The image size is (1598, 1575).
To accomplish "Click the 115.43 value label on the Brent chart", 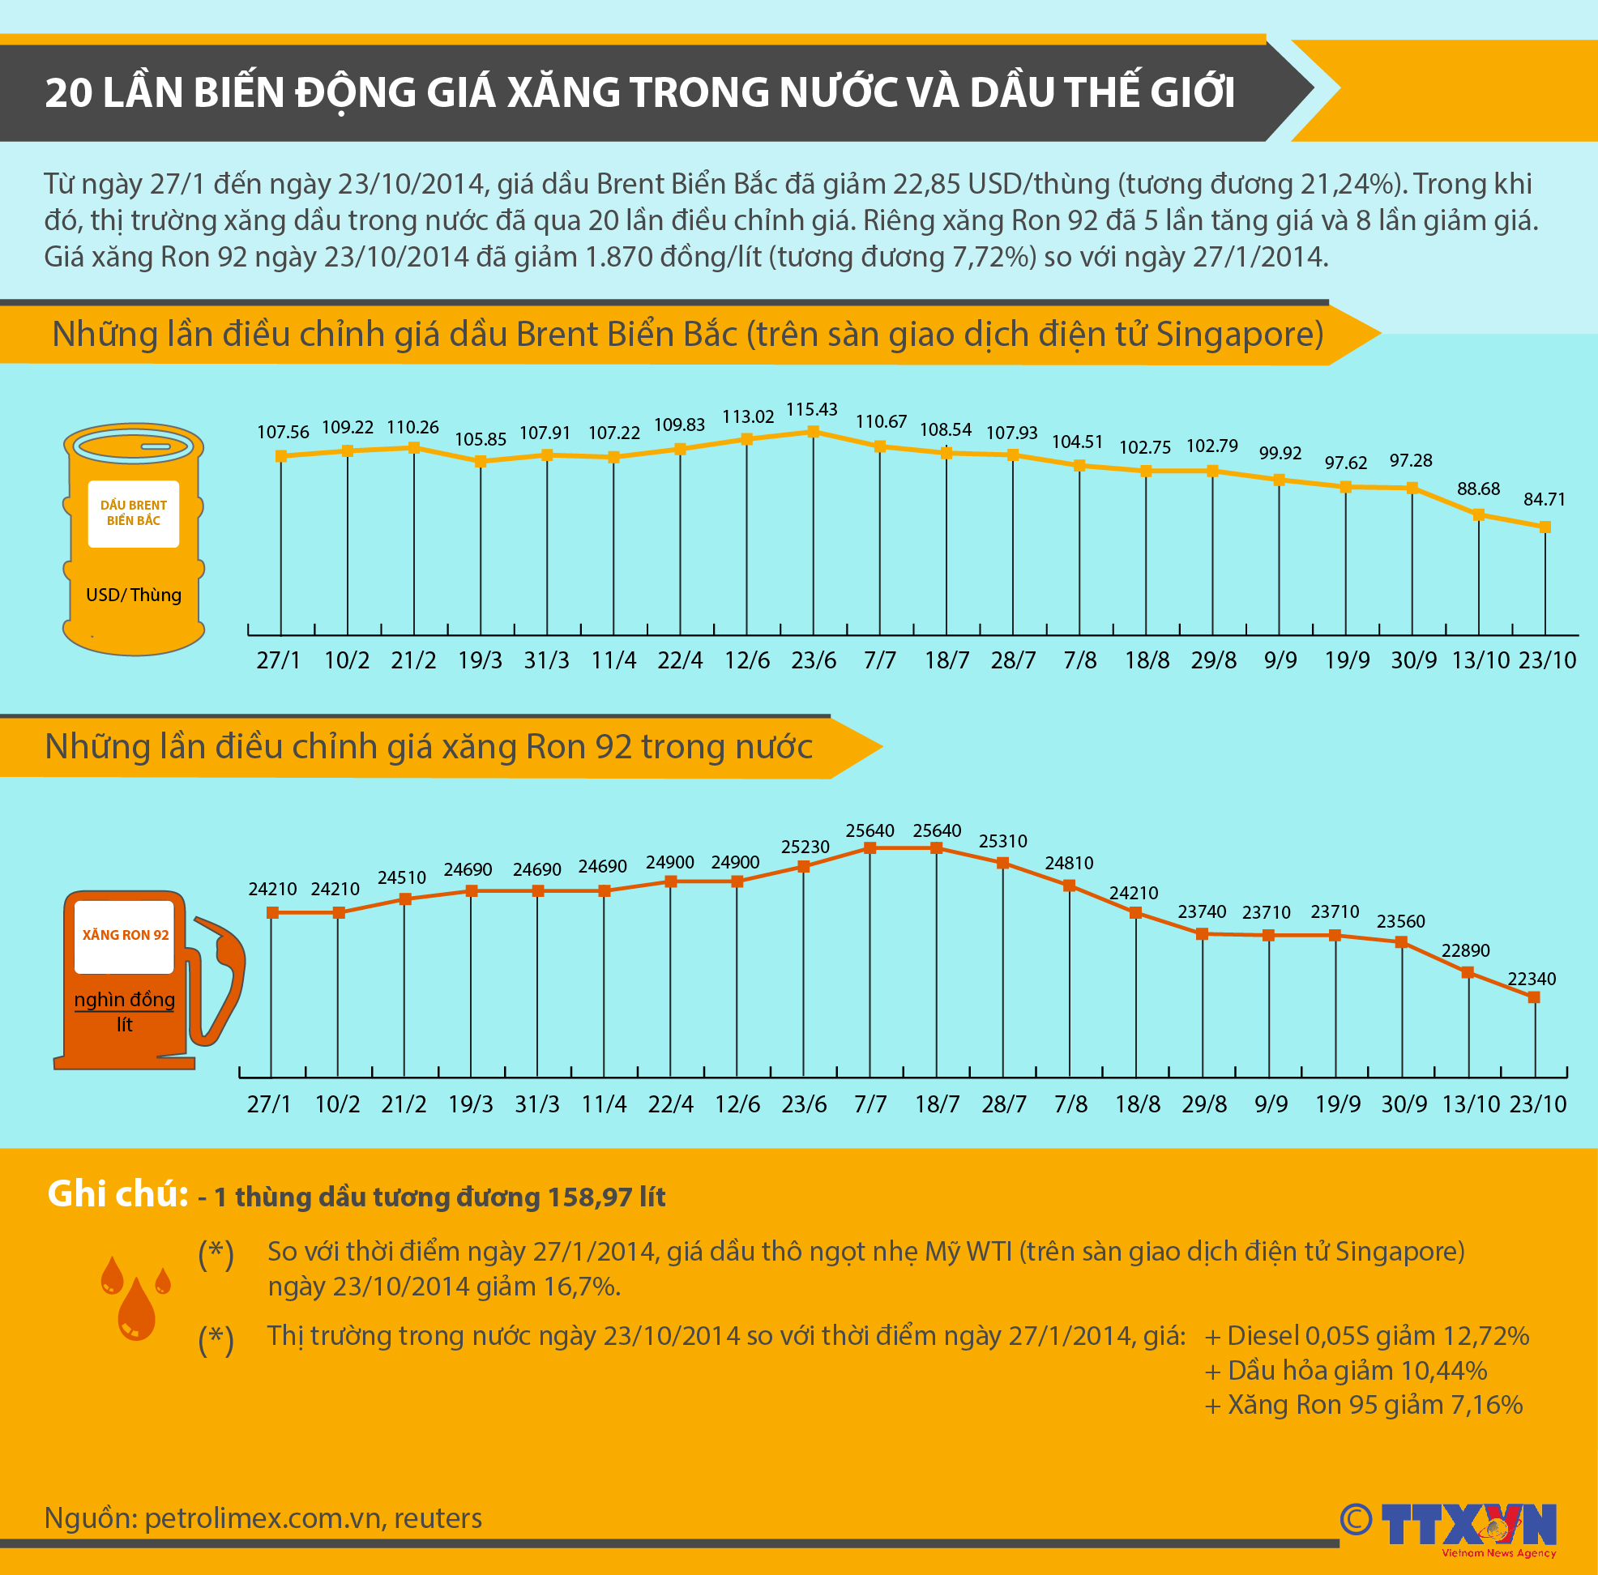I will point(811,409).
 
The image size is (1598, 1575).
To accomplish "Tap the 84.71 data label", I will point(1545,499).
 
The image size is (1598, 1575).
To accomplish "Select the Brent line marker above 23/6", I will point(813,432).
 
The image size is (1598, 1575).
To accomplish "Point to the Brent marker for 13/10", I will point(1479,514).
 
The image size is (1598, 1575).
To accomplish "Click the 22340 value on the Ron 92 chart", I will point(1532,979).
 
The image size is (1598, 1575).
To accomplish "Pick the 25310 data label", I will point(1002,841).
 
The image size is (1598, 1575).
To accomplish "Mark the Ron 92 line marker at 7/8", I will point(1070,886).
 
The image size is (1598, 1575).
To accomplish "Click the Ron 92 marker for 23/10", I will point(1534,997).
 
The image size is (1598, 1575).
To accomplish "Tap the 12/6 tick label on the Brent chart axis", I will point(747,660).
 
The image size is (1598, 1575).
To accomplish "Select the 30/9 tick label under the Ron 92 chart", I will point(1404,1104).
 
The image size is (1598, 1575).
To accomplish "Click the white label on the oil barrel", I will point(133,514).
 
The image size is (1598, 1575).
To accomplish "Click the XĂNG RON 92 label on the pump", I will point(125,935).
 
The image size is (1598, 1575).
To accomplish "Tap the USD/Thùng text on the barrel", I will point(133,595).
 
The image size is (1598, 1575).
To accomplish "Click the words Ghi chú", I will point(117,1195).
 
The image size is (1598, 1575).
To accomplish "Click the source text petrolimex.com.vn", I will point(263,1519).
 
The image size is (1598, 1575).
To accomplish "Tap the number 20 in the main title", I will point(68,92).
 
